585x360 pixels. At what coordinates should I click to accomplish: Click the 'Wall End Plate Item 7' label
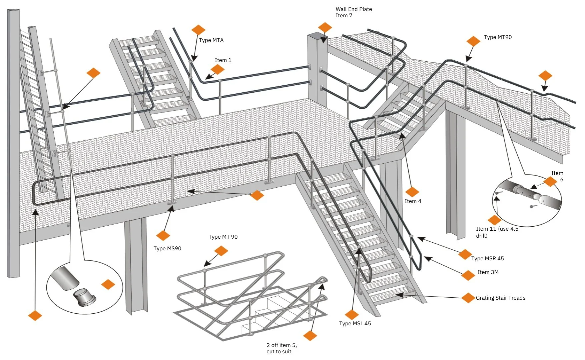tap(354, 12)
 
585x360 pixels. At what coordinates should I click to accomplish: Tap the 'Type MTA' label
tap(211, 40)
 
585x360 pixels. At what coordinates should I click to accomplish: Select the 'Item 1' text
tap(223, 60)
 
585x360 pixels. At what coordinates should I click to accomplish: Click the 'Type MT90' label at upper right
tap(498, 37)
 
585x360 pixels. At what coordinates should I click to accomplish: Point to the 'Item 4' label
tap(413, 201)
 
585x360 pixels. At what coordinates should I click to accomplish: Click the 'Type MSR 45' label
tap(487, 259)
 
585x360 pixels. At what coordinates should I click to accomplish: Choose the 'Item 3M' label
tap(488, 272)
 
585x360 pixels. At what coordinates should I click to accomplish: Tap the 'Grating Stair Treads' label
tap(500, 298)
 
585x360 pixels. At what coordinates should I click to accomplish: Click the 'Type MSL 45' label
tap(355, 324)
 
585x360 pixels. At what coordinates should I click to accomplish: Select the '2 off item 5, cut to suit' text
tap(281, 348)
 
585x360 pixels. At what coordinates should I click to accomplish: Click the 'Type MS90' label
tap(167, 249)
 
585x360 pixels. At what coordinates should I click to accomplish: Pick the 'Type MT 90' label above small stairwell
tap(223, 237)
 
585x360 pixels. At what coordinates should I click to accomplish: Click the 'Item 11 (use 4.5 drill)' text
tap(497, 232)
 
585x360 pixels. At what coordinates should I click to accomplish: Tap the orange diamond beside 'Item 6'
tap(550, 182)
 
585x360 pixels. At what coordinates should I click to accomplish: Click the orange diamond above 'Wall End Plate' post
tap(325, 27)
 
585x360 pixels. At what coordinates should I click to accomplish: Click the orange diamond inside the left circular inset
tap(108, 285)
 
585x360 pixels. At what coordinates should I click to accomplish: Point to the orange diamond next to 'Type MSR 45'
tap(465, 254)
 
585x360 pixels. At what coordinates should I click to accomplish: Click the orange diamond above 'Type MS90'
tap(163, 235)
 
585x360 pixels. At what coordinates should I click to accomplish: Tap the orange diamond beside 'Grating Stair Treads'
tap(468, 298)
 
